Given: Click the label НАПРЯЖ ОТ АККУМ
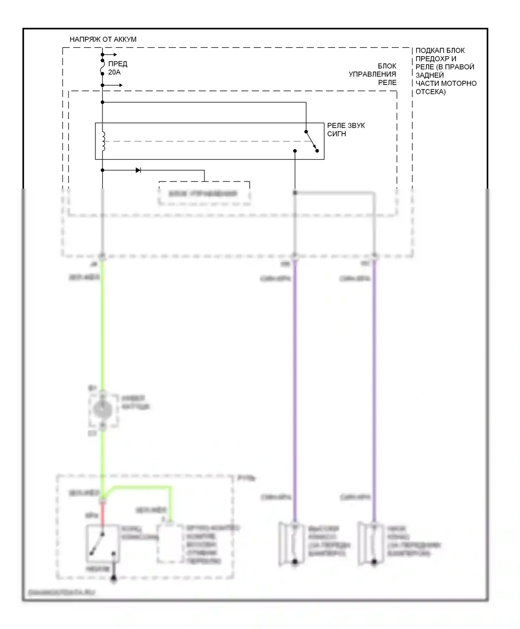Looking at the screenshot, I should point(103,40).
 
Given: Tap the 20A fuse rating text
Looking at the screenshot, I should point(114,72).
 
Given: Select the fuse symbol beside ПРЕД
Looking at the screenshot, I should point(103,68).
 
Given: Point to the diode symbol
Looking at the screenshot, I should point(138,170).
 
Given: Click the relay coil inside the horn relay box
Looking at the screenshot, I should point(103,141).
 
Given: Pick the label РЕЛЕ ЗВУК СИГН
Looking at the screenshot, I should point(346,130).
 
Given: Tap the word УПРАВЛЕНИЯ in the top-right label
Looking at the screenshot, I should point(372,74).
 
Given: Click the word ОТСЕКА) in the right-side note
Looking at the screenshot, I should point(431,92).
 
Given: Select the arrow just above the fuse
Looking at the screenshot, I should point(111,55).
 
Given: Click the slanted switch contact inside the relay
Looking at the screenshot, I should point(311,141).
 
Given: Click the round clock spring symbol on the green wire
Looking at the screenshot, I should point(103,410).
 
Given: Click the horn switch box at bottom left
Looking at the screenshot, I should point(103,544).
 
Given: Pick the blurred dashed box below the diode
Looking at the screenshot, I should point(204,193).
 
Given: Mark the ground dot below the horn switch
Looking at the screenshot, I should point(113,578).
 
